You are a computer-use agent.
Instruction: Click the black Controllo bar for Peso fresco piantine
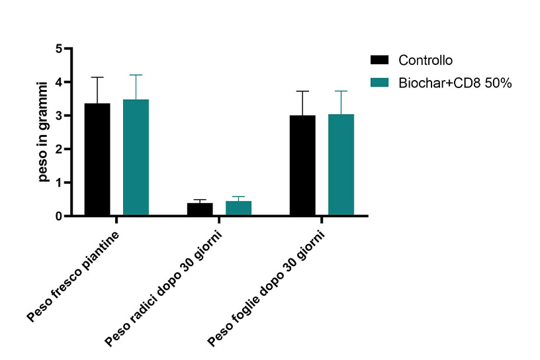pyautogui.click(x=97, y=159)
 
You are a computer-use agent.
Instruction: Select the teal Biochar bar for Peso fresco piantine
pyautogui.click(x=136, y=157)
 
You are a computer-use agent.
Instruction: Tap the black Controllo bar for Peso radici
pyautogui.click(x=199, y=209)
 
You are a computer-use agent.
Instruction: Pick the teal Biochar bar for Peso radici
pyautogui.click(x=238, y=208)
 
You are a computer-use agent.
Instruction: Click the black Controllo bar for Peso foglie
pyautogui.click(x=302, y=165)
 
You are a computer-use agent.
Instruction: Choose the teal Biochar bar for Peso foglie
pyautogui.click(x=341, y=165)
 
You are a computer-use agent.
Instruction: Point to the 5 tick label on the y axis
pyautogui.click(x=58, y=49)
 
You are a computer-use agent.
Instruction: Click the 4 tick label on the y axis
pyautogui.click(x=58, y=83)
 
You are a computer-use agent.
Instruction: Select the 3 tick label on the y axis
pyautogui.click(x=58, y=116)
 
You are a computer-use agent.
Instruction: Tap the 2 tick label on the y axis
pyautogui.click(x=58, y=150)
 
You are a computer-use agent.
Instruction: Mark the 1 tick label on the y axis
pyautogui.click(x=58, y=183)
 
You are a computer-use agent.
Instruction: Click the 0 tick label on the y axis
pyautogui.click(x=58, y=216)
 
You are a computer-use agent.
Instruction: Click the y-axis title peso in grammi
pyautogui.click(x=43, y=132)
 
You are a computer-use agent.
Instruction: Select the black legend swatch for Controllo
pyautogui.click(x=379, y=60)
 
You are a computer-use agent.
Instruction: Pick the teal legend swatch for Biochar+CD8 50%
pyautogui.click(x=379, y=83)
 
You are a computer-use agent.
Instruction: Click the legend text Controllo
pyautogui.click(x=426, y=60)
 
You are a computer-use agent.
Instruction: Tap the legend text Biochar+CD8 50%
pyautogui.click(x=456, y=83)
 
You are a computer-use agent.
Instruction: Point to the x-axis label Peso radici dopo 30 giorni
pyautogui.click(x=165, y=288)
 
